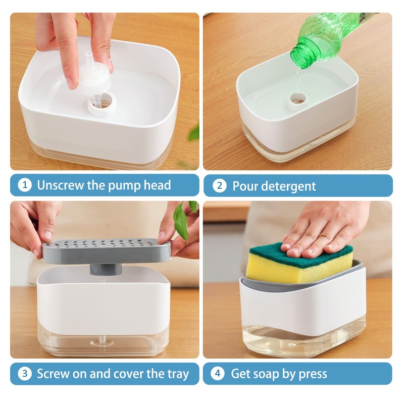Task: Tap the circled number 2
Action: pyautogui.click(x=219, y=185)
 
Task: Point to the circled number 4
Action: pyautogui.click(x=218, y=374)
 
